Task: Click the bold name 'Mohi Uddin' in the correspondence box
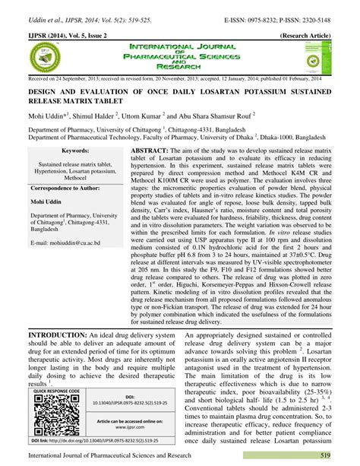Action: [x=47, y=204]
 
